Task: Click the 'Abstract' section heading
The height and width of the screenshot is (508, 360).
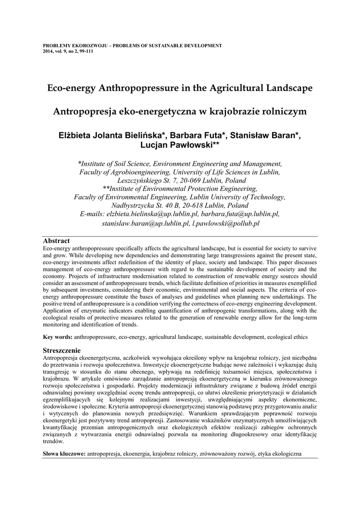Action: [56, 241]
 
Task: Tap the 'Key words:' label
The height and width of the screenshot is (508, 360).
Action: [58, 337]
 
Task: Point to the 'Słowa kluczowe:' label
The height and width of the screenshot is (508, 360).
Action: [64, 453]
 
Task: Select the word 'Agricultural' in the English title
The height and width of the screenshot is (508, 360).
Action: [236, 88]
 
